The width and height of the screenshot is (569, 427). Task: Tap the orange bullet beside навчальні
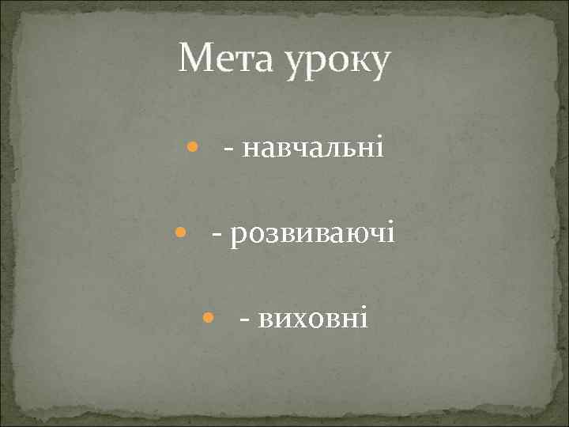[x=192, y=147]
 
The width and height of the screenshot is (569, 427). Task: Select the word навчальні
[x=314, y=147]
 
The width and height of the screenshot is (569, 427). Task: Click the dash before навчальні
[x=228, y=149]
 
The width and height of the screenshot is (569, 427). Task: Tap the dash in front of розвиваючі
[x=217, y=235]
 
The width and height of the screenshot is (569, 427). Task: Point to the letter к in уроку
[x=355, y=63]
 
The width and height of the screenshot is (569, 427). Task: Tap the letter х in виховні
[x=296, y=320]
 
